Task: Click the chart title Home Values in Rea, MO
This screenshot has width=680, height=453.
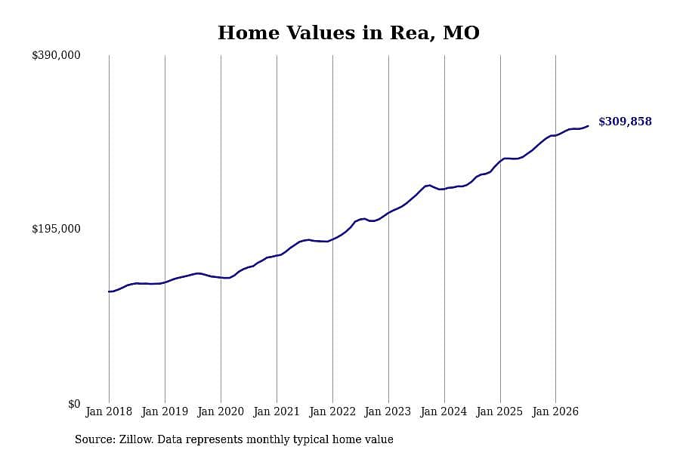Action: (x=348, y=33)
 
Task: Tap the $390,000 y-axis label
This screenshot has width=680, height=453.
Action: (x=56, y=55)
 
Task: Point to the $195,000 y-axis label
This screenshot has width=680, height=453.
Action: (x=56, y=229)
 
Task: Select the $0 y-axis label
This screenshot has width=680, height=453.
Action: (x=74, y=404)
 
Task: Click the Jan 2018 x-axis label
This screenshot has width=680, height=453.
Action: (x=109, y=411)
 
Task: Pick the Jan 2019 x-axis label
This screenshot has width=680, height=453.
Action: (x=165, y=411)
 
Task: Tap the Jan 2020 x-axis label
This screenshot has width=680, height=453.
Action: (x=221, y=411)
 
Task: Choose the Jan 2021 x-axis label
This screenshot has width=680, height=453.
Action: (x=277, y=411)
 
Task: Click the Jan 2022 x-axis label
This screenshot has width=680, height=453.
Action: (x=332, y=411)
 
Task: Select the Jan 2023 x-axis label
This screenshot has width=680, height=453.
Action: (x=388, y=411)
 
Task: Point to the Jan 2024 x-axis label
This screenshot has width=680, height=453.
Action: (x=444, y=411)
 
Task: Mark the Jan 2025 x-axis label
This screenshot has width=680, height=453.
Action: (x=500, y=411)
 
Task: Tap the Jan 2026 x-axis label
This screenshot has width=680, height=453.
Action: (x=555, y=411)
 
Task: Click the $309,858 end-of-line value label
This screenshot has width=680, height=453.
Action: (x=625, y=122)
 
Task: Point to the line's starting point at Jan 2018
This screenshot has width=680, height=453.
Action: (x=109, y=291)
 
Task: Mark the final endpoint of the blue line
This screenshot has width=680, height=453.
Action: (x=588, y=126)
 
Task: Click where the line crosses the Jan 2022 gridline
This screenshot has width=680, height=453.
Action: (x=332, y=239)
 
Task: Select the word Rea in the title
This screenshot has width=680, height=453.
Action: (x=409, y=33)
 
